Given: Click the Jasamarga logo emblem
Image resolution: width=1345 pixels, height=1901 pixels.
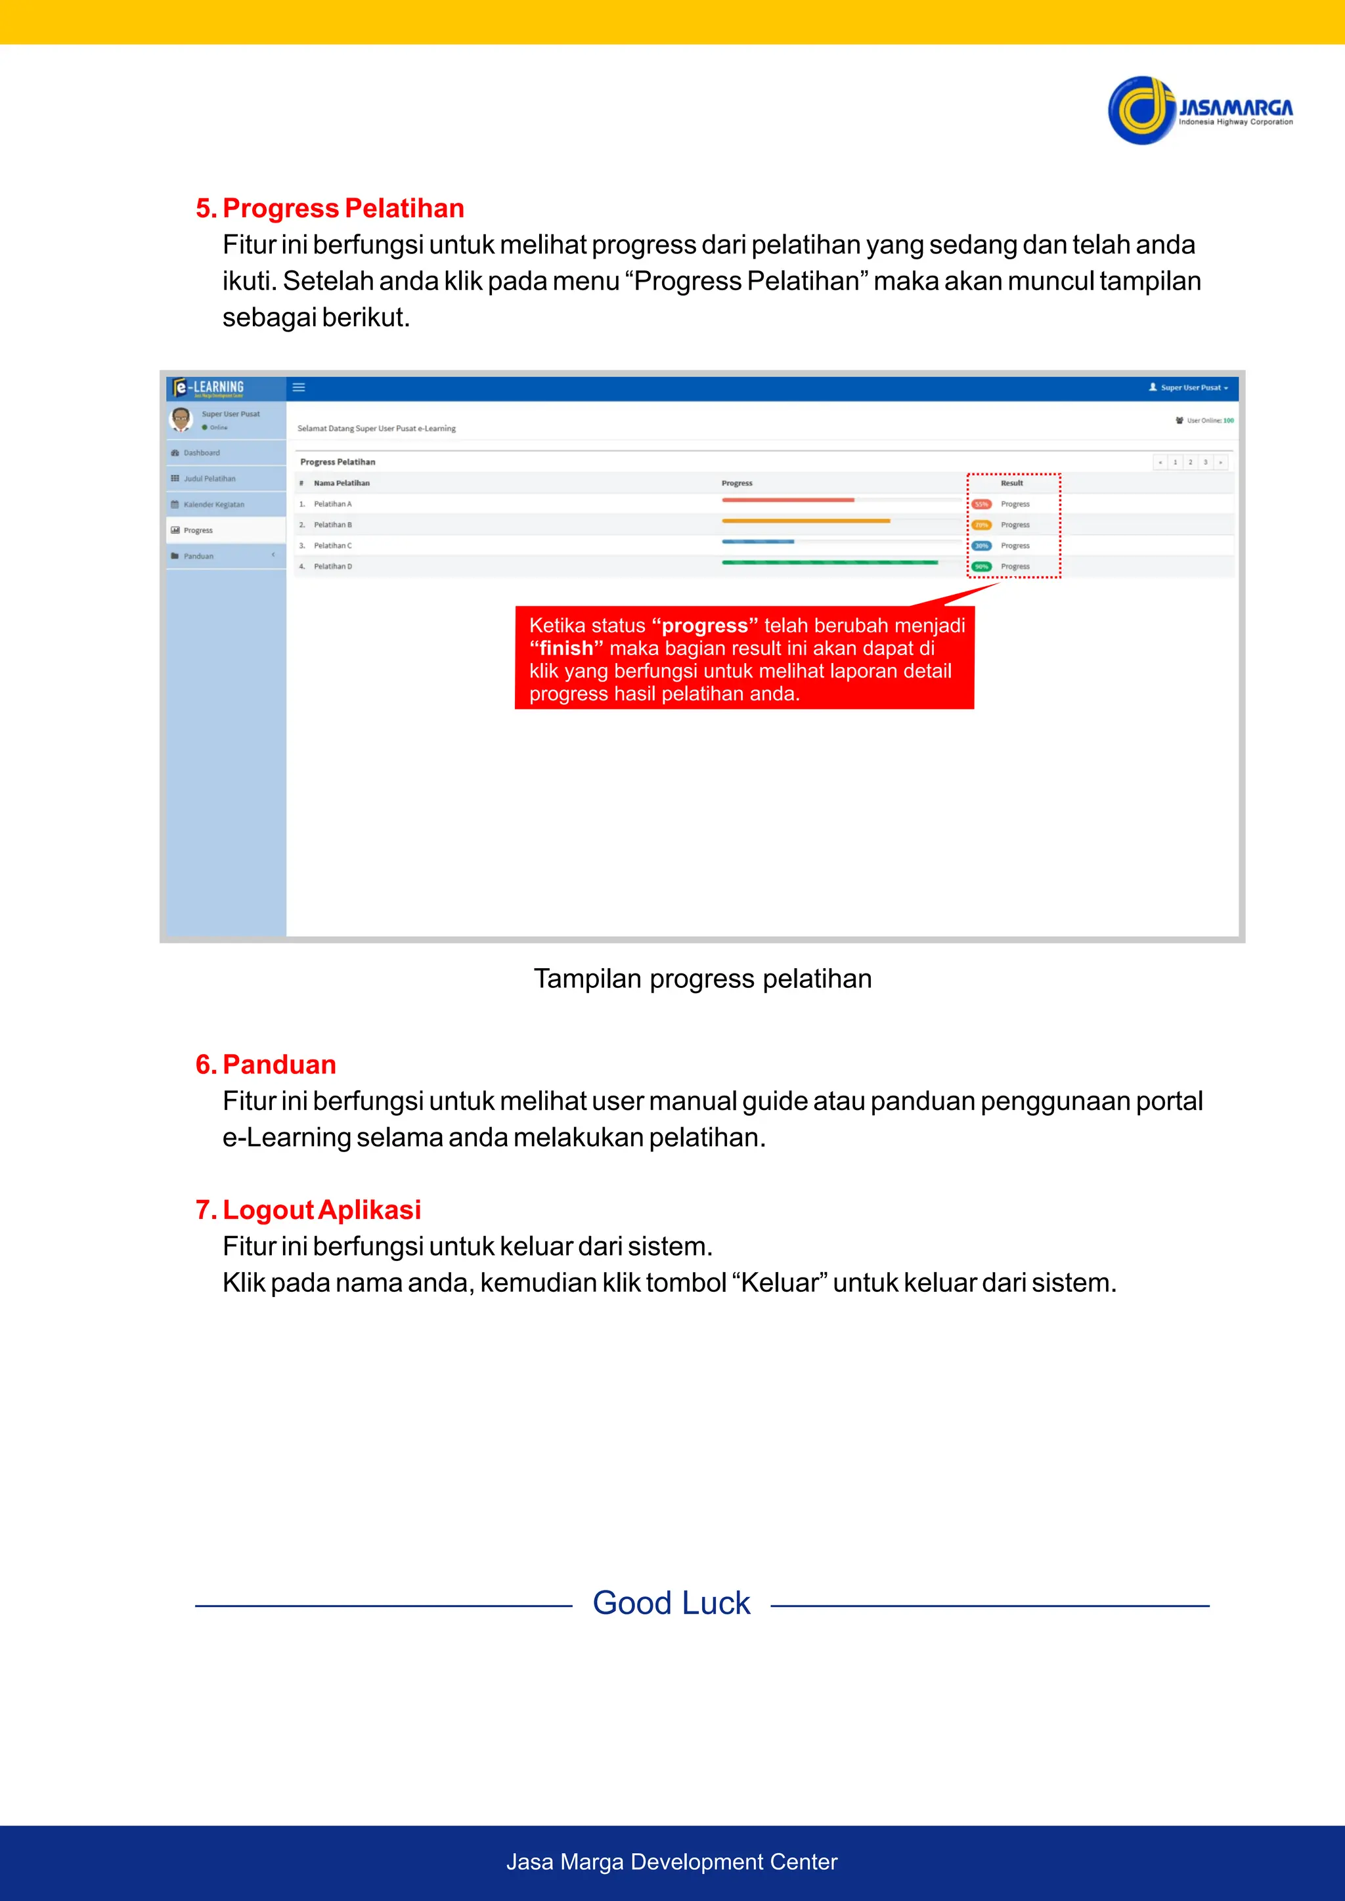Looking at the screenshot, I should click(x=1141, y=110).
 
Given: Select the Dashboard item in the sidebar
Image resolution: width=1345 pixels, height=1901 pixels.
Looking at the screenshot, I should click(x=201, y=453).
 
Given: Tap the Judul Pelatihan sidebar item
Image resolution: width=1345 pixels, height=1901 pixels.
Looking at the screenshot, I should click(x=209, y=479).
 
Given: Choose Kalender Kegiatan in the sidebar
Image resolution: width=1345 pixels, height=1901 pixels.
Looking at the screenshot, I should click(x=213, y=504).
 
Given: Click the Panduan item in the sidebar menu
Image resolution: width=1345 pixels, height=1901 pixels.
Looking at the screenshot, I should click(x=198, y=557).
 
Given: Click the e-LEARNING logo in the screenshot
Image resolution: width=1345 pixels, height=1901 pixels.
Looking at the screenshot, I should click(x=209, y=387).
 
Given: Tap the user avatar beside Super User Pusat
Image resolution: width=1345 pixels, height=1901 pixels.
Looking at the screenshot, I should click(x=181, y=419).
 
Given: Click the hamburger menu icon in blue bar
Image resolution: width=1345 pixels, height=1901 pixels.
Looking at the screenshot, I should click(x=299, y=387).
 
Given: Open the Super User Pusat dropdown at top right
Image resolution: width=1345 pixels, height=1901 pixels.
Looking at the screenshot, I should click(x=1189, y=387).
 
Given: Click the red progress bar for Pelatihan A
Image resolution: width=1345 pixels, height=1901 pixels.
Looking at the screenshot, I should click(x=787, y=500).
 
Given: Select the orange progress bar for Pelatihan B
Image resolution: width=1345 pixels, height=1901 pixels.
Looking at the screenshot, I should click(x=805, y=521).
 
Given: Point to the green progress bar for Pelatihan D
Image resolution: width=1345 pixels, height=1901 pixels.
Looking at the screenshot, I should click(x=829, y=562).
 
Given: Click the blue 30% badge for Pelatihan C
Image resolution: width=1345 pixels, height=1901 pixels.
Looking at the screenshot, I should click(x=981, y=545).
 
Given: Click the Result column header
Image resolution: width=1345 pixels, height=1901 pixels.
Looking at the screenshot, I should click(x=1011, y=482).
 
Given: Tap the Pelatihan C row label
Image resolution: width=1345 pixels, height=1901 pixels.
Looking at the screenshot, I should click(x=332, y=545).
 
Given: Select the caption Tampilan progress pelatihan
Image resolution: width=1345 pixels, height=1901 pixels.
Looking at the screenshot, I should click(x=702, y=979).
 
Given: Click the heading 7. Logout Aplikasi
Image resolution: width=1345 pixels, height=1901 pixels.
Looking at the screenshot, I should click(x=308, y=1210).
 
